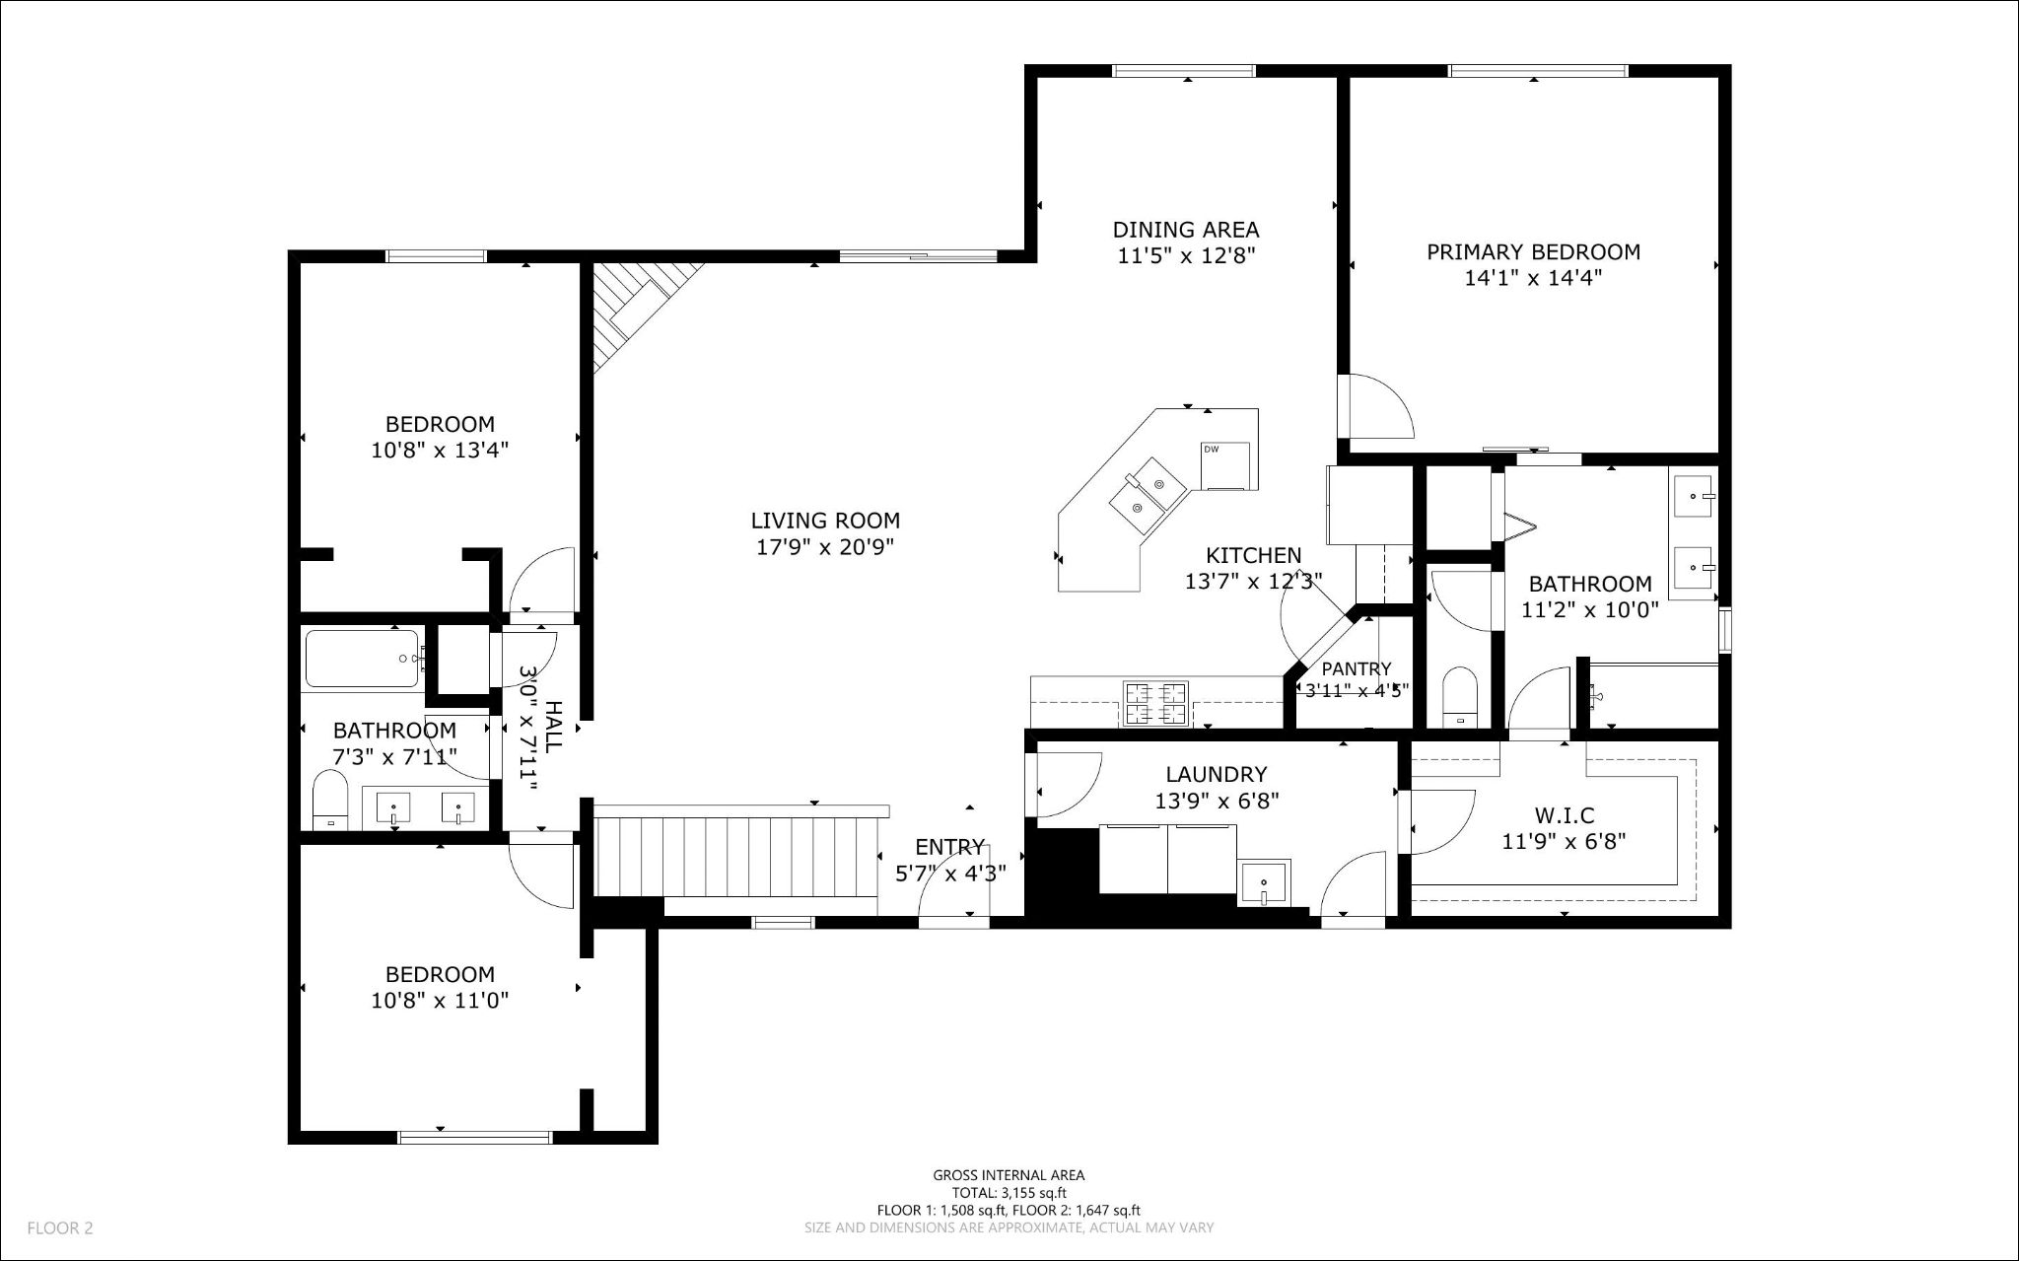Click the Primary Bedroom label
pos(1533,252)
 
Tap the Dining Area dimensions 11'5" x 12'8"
pos(1186,256)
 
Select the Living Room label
pos(825,521)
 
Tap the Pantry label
pos(1357,668)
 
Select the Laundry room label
pos(1217,775)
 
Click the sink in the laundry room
pos(1264,882)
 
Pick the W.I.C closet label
pos(1565,816)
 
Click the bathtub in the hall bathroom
pos(364,658)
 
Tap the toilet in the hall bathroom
pos(330,800)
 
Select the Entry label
pos(949,847)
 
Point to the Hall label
pos(553,727)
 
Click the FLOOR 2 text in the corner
pos(60,1228)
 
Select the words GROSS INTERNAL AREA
pos(1009,1175)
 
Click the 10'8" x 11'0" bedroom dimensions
pos(440,1001)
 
